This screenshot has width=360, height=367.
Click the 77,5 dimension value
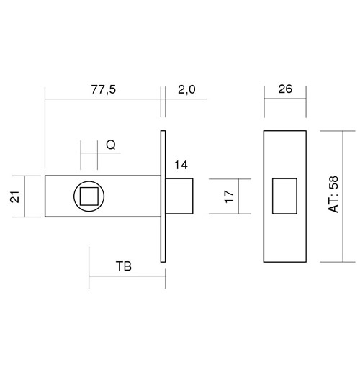[104, 89]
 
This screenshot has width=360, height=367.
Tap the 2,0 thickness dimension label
[186, 89]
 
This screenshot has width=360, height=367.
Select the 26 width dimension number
[285, 89]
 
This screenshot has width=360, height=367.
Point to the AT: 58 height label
[333, 194]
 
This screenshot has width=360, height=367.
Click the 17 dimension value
[229, 196]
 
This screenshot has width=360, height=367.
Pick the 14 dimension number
[181, 165]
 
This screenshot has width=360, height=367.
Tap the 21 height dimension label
[15, 196]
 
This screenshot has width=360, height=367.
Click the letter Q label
[111, 145]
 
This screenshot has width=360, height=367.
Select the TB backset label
[124, 266]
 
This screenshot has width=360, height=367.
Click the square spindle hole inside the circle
[89, 196]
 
